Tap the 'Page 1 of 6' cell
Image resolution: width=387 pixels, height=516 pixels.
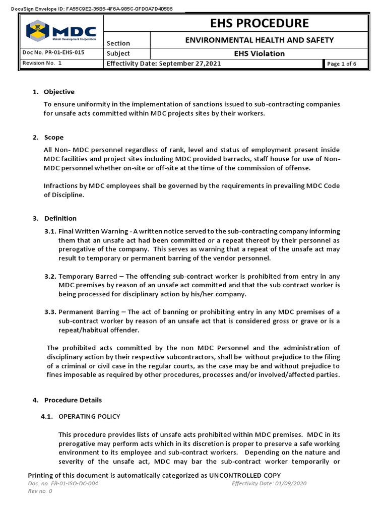[342, 64]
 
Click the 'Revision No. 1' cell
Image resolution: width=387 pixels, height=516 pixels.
[42, 63]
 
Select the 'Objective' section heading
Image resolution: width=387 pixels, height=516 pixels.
[59, 92]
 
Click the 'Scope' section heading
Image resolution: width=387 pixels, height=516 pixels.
[54, 138]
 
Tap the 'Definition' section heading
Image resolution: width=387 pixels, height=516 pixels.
[60, 218]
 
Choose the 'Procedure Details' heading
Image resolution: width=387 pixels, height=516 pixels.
[73, 400]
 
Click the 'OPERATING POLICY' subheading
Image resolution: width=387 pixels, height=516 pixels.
[90, 416]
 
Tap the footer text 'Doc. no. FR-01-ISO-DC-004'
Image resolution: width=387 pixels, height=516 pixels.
[63, 483]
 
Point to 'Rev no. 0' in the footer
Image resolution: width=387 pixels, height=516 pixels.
[40, 491]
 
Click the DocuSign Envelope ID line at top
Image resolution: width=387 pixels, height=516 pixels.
[91, 9]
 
